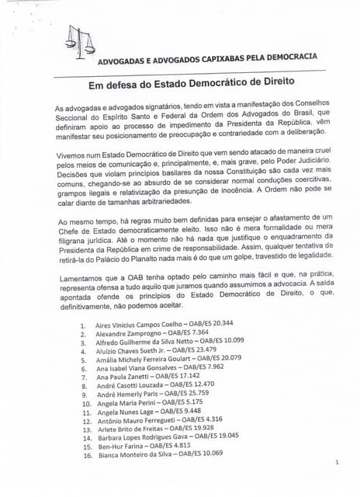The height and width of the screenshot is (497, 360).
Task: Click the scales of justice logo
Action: click(x=78, y=43)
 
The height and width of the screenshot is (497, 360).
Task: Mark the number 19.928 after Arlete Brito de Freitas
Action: click(x=199, y=429)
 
